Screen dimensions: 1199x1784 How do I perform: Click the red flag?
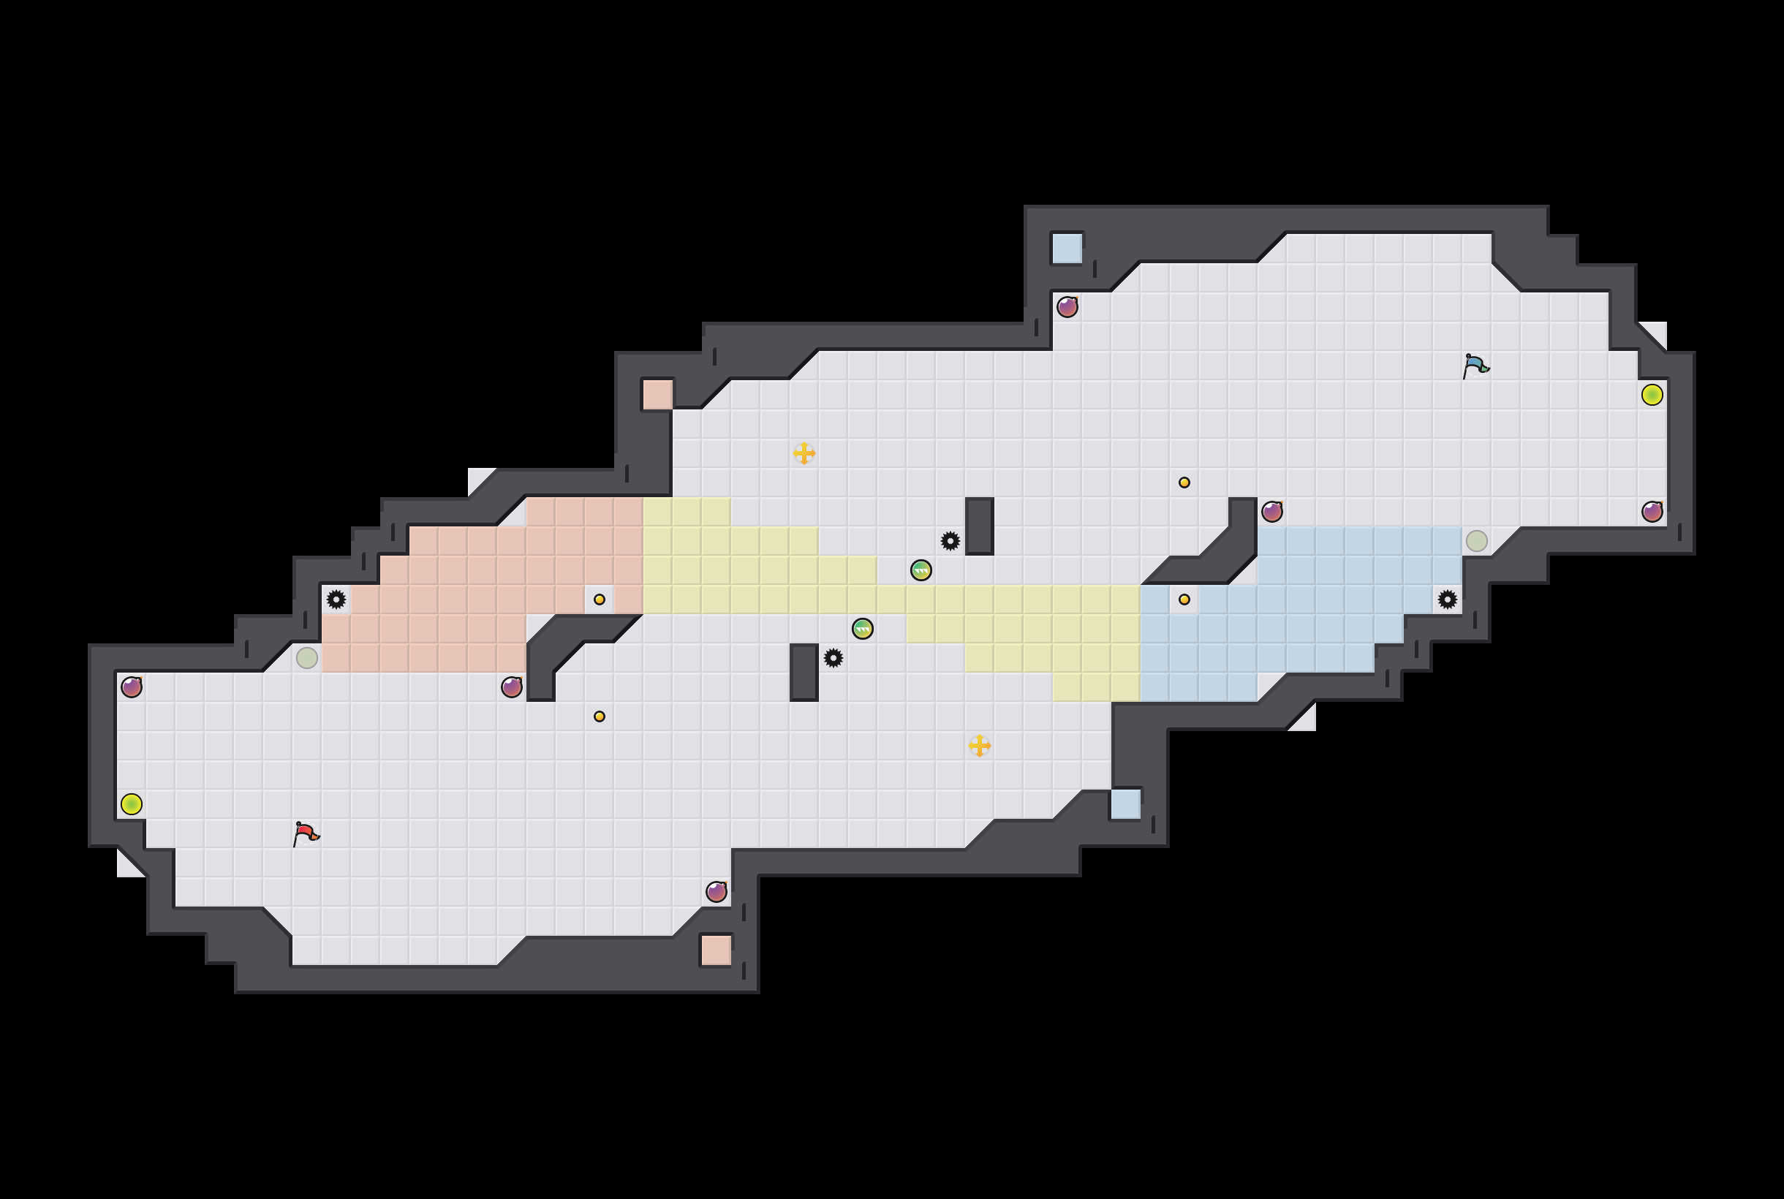(x=306, y=833)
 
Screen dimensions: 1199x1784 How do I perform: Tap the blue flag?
(x=1476, y=366)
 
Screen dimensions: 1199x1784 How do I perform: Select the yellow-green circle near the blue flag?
(x=1652, y=395)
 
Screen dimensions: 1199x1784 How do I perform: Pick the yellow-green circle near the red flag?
(x=132, y=804)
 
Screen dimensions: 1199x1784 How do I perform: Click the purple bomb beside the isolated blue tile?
(x=1067, y=306)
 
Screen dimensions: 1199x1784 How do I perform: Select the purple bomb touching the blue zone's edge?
(x=1272, y=512)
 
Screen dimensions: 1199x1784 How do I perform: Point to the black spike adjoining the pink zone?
(x=336, y=599)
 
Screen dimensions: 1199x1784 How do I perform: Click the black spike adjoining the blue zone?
(x=1447, y=599)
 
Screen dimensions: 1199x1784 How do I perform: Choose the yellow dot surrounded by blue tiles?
(x=1184, y=599)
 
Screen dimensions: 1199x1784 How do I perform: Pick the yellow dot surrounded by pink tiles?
(x=600, y=599)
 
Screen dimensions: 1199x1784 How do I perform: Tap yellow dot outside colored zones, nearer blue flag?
(x=1184, y=483)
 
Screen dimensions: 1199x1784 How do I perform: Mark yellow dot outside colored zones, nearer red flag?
(x=600, y=716)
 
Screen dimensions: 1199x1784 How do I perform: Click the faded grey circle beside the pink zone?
(x=306, y=657)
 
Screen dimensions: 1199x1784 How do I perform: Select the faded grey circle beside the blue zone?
(x=1477, y=540)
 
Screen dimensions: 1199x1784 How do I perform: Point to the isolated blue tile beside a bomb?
(x=1067, y=249)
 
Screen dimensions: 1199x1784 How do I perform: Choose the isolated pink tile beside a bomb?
(x=717, y=950)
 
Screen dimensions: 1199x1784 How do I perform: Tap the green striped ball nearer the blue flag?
(x=921, y=570)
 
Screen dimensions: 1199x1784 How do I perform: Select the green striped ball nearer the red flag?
(x=863, y=629)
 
